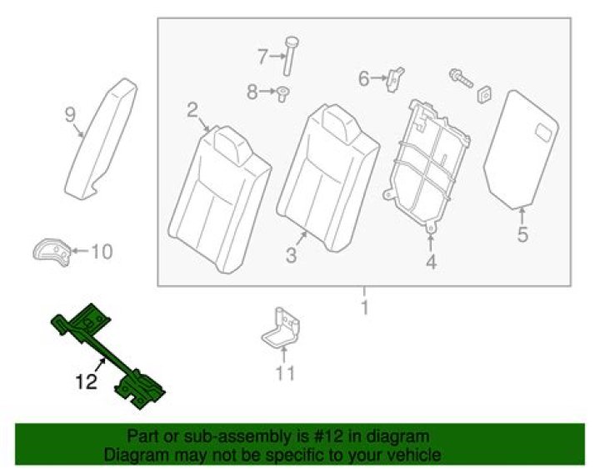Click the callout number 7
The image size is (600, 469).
tap(262, 57)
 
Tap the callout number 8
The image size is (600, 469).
tap(252, 92)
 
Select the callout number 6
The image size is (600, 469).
tap(363, 78)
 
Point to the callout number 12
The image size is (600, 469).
tap(86, 382)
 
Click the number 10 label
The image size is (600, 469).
tap(102, 252)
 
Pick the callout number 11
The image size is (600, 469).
tap(285, 373)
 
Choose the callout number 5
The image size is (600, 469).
tap(522, 234)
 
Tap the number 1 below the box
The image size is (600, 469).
tap(365, 308)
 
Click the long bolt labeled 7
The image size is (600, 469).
tap(291, 56)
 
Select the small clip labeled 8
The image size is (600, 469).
tap(283, 93)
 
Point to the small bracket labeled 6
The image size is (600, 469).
tap(394, 79)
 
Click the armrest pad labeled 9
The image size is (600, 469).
tap(101, 139)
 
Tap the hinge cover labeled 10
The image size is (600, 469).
tap(52, 252)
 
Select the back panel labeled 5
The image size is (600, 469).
tap(521, 149)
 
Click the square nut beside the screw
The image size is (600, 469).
tap(484, 94)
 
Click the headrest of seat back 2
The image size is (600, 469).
tap(232, 145)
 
